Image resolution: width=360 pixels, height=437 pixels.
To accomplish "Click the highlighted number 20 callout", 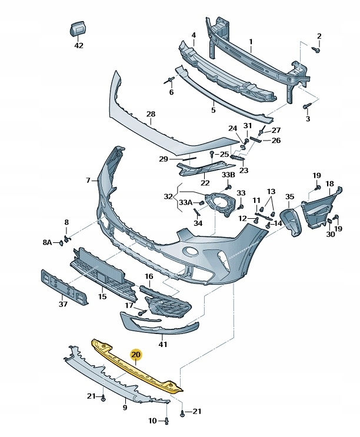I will click(x=136, y=355).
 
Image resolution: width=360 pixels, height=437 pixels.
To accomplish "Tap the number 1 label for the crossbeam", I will click(x=251, y=41).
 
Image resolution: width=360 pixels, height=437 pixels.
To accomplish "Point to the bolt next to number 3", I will click(x=306, y=106).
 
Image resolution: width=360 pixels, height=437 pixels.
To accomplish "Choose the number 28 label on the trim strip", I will click(x=151, y=114).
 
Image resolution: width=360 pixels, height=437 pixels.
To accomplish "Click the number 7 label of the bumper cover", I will click(x=88, y=180).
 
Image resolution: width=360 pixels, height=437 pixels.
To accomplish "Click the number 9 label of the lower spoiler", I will click(x=125, y=407).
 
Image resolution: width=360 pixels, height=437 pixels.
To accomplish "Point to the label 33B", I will click(x=228, y=175).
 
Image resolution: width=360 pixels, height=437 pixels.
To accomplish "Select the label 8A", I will click(x=47, y=242).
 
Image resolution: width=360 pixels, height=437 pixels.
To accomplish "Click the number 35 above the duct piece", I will click(x=289, y=196).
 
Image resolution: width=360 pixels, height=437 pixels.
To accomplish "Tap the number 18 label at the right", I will click(x=329, y=184).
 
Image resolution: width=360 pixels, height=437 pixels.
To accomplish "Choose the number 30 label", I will click(x=330, y=235).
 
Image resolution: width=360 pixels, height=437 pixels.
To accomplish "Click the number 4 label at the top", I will click(x=194, y=35).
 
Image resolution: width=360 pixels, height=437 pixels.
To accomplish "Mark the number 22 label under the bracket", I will click(x=205, y=182).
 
